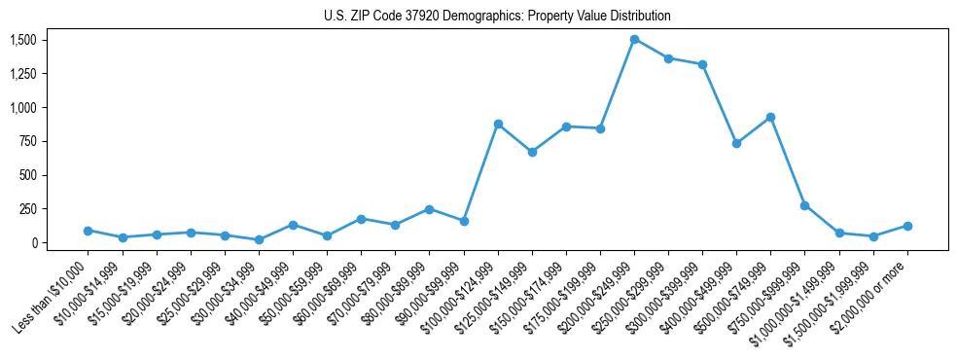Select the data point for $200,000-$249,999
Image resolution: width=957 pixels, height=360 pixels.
click(634, 40)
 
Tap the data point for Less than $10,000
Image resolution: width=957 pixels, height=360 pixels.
click(89, 231)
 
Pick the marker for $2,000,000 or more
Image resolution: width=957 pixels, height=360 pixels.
click(907, 226)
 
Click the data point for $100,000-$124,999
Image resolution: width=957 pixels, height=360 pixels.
click(498, 124)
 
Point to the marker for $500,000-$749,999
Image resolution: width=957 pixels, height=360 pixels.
click(770, 117)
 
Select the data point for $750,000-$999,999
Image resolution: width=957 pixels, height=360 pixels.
click(804, 205)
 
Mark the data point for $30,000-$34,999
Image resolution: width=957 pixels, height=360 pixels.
click(259, 239)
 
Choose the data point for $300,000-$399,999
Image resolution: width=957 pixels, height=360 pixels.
click(702, 64)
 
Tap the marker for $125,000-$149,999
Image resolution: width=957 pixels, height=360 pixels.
click(532, 152)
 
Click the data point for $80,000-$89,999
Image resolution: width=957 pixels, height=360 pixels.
click(429, 209)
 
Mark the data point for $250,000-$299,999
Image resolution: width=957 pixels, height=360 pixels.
click(668, 58)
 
